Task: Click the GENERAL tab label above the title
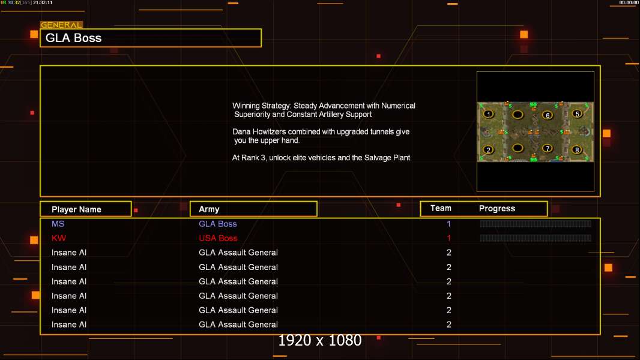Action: click(61, 25)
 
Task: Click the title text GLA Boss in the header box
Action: click(73, 38)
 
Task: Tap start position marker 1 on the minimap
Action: click(489, 113)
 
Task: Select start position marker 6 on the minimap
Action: click(547, 115)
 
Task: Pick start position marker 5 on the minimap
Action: click(577, 113)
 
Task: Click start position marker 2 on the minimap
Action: click(489, 149)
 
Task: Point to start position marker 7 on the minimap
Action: click(547, 148)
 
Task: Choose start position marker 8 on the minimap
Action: click(577, 149)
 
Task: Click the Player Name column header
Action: click(76, 209)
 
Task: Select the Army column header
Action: click(209, 209)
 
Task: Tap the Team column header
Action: click(441, 208)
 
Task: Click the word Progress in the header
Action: click(497, 209)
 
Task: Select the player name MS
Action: click(58, 224)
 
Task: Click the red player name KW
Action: click(59, 238)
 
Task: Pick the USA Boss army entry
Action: click(218, 238)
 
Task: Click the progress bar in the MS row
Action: click(536, 224)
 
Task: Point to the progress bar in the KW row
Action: click(536, 238)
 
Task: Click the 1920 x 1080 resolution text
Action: click(319, 340)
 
